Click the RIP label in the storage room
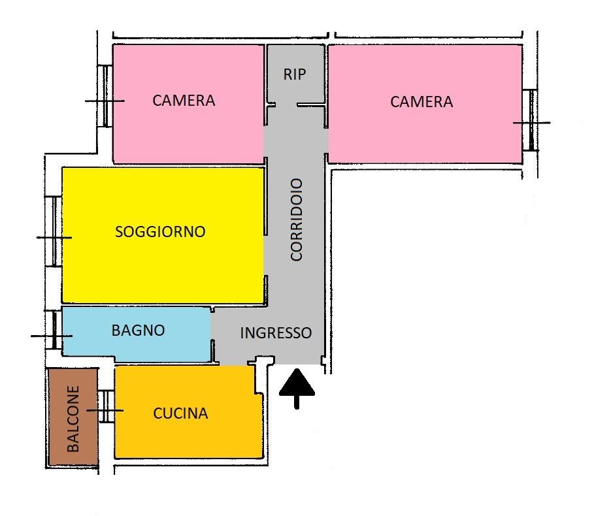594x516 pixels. click(294, 74)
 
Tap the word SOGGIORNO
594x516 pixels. click(160, 232)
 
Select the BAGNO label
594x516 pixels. click(139, 331)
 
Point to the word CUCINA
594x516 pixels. click(181, 413)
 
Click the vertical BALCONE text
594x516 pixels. click(73, 419)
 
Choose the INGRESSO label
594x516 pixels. click(276, 333)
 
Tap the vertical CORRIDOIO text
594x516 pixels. click(296, 219)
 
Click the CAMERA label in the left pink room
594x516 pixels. click(184, 101)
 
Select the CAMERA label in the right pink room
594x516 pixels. click(421, 102)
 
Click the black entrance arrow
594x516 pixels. click(297, 389)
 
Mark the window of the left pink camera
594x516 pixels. click(105, 96)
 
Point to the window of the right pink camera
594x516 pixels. click(531, 120)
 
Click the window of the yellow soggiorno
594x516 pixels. click(54, 231)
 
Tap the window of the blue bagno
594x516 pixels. click(54, 330)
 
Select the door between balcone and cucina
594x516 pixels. click(106, 406)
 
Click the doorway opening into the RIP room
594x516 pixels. click(286, 105)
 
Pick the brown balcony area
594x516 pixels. click(73, 417)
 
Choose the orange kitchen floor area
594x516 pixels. click(188, 412)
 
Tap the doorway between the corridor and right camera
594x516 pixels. click(326, 140)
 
